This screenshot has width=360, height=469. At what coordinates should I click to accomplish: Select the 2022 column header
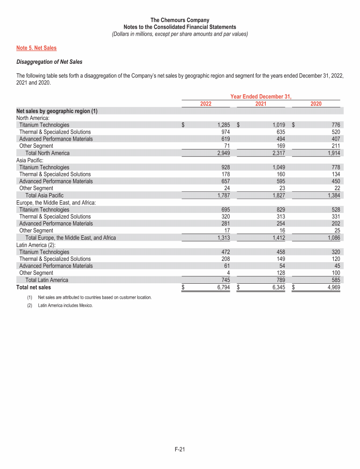(205, 104)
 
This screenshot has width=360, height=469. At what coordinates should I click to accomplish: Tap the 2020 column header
(316, 104)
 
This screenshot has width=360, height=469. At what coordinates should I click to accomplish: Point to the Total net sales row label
(33, 287)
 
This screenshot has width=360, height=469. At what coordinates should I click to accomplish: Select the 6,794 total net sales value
(220, 287)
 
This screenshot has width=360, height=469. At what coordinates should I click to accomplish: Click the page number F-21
(180, 450)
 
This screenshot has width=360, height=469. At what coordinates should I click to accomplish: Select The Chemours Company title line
(180, 20)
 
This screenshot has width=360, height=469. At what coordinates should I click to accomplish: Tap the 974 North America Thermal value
(224, 132)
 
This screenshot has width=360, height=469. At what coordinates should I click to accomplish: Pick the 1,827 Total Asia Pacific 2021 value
(277, 196)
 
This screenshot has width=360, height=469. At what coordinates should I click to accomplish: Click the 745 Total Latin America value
(224, 280)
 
